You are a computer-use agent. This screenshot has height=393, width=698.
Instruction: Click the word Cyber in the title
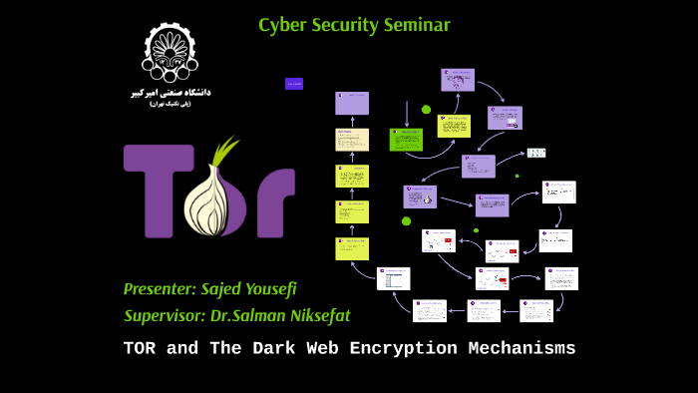pyautogui.click(x=280, y=25)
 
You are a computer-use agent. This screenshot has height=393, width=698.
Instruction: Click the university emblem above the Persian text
pyautogui.click(x=171, y=53)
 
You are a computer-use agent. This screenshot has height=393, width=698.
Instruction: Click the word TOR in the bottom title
pyautogui.click(x=142, y=349)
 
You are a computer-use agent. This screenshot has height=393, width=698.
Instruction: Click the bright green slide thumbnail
pyautogui.click(x=406, y=139)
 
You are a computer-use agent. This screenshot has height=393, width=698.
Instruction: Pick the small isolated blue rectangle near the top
pyautogui.click(x=293, y=84)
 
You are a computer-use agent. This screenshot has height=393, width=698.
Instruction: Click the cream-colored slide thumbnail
pyautogui.click(x=352, y=140)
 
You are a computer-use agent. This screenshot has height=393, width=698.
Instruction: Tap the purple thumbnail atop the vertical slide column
pyautogui.click(x=352, y=103)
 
